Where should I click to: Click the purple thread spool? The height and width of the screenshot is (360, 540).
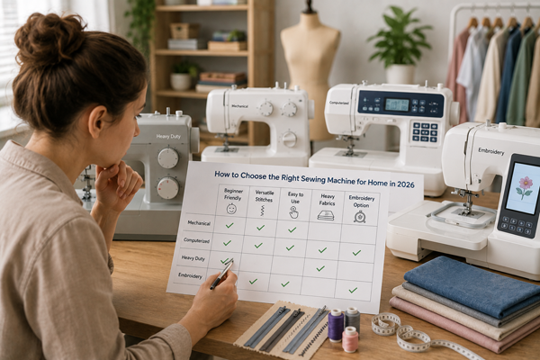(336, 325)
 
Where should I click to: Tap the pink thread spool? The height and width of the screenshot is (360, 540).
(350, 339)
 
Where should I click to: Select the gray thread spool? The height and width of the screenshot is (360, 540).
(353, 319)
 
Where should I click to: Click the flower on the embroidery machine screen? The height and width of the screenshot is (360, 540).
(525, 186)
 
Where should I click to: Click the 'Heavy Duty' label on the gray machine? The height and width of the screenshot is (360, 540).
(168, 137)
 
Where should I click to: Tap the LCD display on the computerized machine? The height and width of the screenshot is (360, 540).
(397, 104)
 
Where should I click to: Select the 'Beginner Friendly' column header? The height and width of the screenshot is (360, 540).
(233, 194)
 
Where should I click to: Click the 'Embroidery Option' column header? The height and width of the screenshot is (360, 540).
(361, 202)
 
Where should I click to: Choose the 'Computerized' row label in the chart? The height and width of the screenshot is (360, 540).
(196, 241)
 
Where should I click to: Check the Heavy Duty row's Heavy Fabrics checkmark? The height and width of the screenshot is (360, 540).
(320, 268)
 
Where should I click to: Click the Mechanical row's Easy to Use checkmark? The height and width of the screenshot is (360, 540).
(292, 229)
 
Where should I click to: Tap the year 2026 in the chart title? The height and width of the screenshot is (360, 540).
(405, 184)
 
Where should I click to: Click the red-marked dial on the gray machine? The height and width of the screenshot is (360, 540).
(168, 188)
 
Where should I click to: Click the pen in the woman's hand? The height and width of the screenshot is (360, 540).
(221, 274)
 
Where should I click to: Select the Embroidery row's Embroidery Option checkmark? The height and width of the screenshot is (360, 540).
(353, 290)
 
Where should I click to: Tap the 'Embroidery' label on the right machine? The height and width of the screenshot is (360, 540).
(491, 151)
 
